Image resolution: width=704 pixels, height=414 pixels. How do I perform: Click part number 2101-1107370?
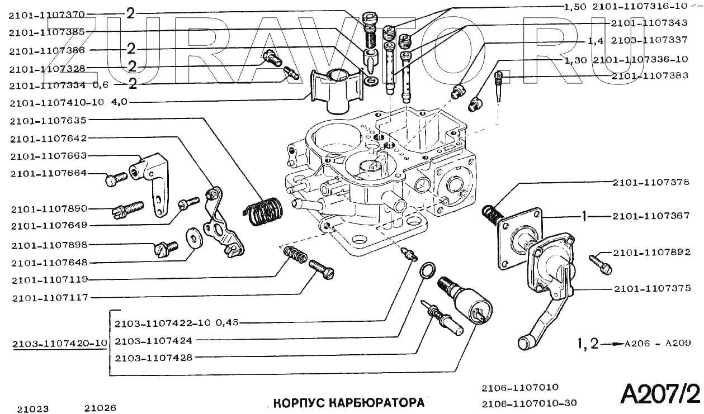tap(46, 15)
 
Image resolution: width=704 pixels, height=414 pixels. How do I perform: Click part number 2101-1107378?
tap(651, 183)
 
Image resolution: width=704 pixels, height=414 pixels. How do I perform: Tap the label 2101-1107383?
tap(650, 76)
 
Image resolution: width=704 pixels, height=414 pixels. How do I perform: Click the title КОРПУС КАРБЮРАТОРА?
tap(348, 402)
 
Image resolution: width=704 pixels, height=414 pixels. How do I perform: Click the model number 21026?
tap(101, 408)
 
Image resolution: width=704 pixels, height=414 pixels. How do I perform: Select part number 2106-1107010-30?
tap(529, 403)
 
